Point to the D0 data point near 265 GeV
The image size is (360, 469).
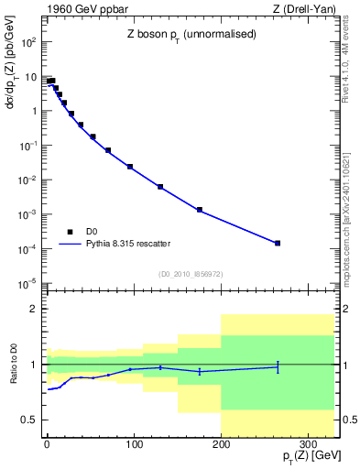pos(278,243)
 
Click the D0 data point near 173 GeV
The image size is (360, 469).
pos(199,210)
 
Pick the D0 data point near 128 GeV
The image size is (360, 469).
pos(160,187)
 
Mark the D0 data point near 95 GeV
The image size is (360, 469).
pos(130,167)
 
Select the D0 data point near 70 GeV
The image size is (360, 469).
pos(108,150)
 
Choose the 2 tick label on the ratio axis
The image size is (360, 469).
pos(34,310)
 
